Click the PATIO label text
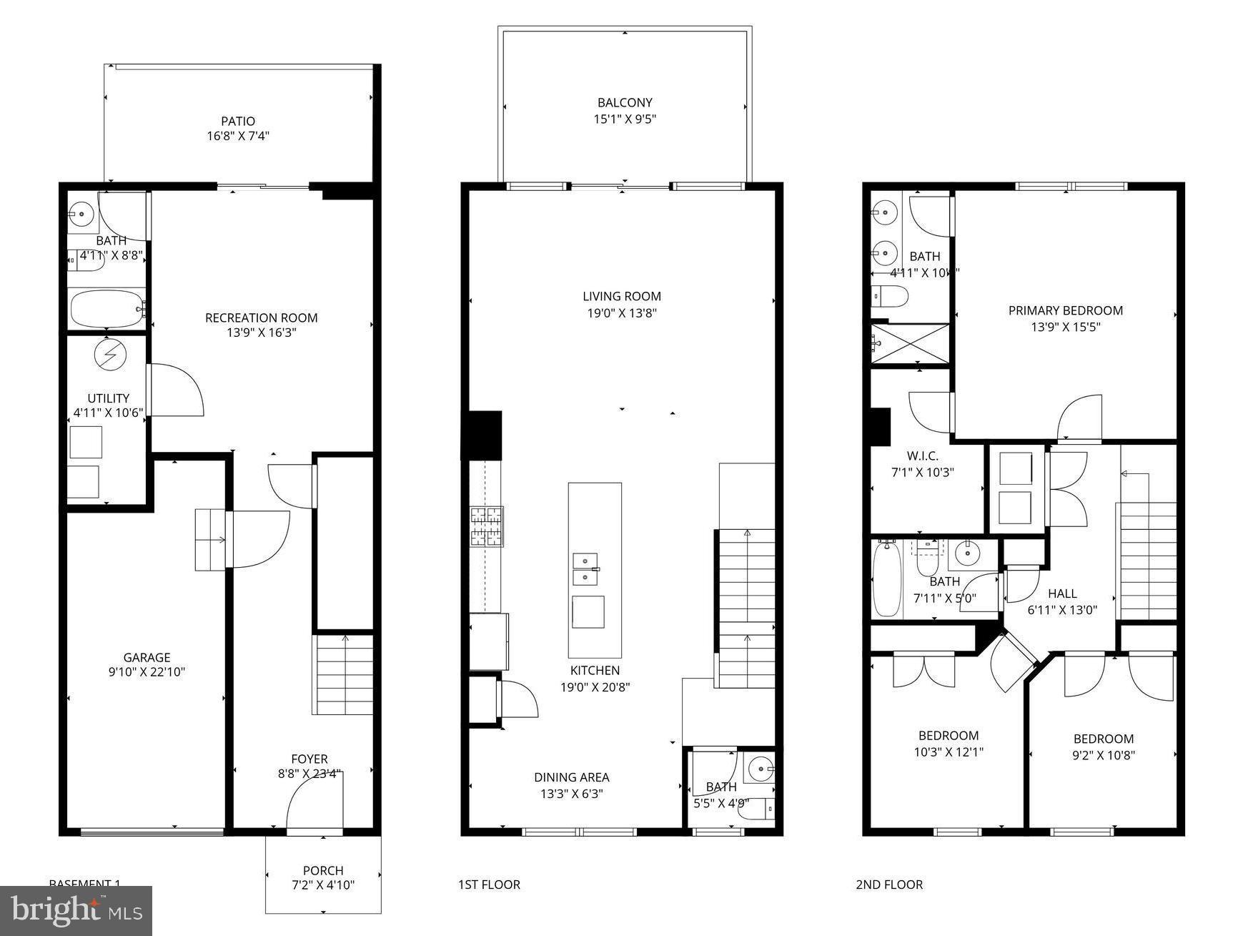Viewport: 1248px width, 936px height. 237,122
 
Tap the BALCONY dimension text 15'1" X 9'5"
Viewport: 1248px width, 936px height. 625,119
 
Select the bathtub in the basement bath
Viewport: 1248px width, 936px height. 107,308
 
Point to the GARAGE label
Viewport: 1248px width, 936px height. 147,657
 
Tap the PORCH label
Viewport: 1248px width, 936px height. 323,870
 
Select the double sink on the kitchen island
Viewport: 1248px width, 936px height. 585,569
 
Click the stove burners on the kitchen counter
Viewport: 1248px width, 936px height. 486,527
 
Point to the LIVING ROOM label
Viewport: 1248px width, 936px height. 621,296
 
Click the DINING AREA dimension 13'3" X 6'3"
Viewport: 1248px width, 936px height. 571,794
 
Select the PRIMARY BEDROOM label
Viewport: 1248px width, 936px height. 1065,310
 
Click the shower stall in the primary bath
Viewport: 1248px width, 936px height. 910,343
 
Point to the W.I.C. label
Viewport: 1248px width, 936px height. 922,456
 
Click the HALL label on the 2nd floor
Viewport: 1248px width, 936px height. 1062,593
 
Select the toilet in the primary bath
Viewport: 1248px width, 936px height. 889,295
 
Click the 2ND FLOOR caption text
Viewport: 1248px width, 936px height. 889,885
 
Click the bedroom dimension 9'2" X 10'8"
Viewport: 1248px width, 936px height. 1103,755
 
